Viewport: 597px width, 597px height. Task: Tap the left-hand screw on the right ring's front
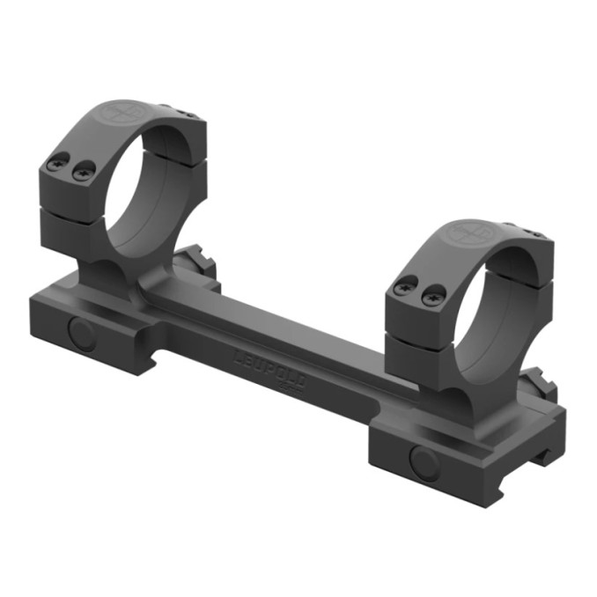[407, 286]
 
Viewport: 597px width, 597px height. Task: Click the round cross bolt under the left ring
[82, 333]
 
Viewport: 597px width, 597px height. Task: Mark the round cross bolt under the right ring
[421, 461]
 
